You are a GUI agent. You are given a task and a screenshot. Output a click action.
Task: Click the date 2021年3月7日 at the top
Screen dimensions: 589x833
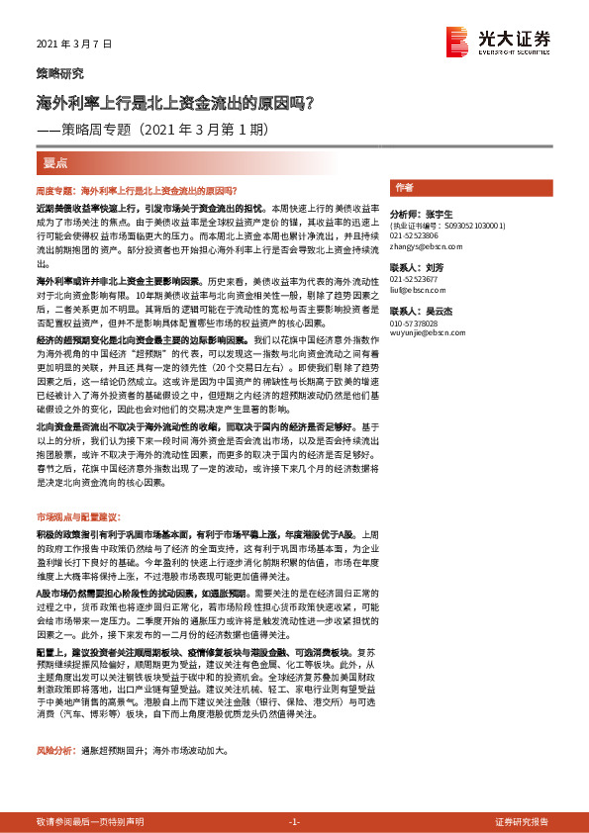pyautogui.click(x=75, y=45)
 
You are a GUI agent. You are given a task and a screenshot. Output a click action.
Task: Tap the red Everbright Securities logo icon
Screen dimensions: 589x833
pyautogui.click(x=457, y=41)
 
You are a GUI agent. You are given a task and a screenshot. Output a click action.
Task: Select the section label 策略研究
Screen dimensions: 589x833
pyautogui.click(x=60, y=74)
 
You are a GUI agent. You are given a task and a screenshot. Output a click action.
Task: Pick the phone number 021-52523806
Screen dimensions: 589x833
pyautogui.click(x=417, y=236)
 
